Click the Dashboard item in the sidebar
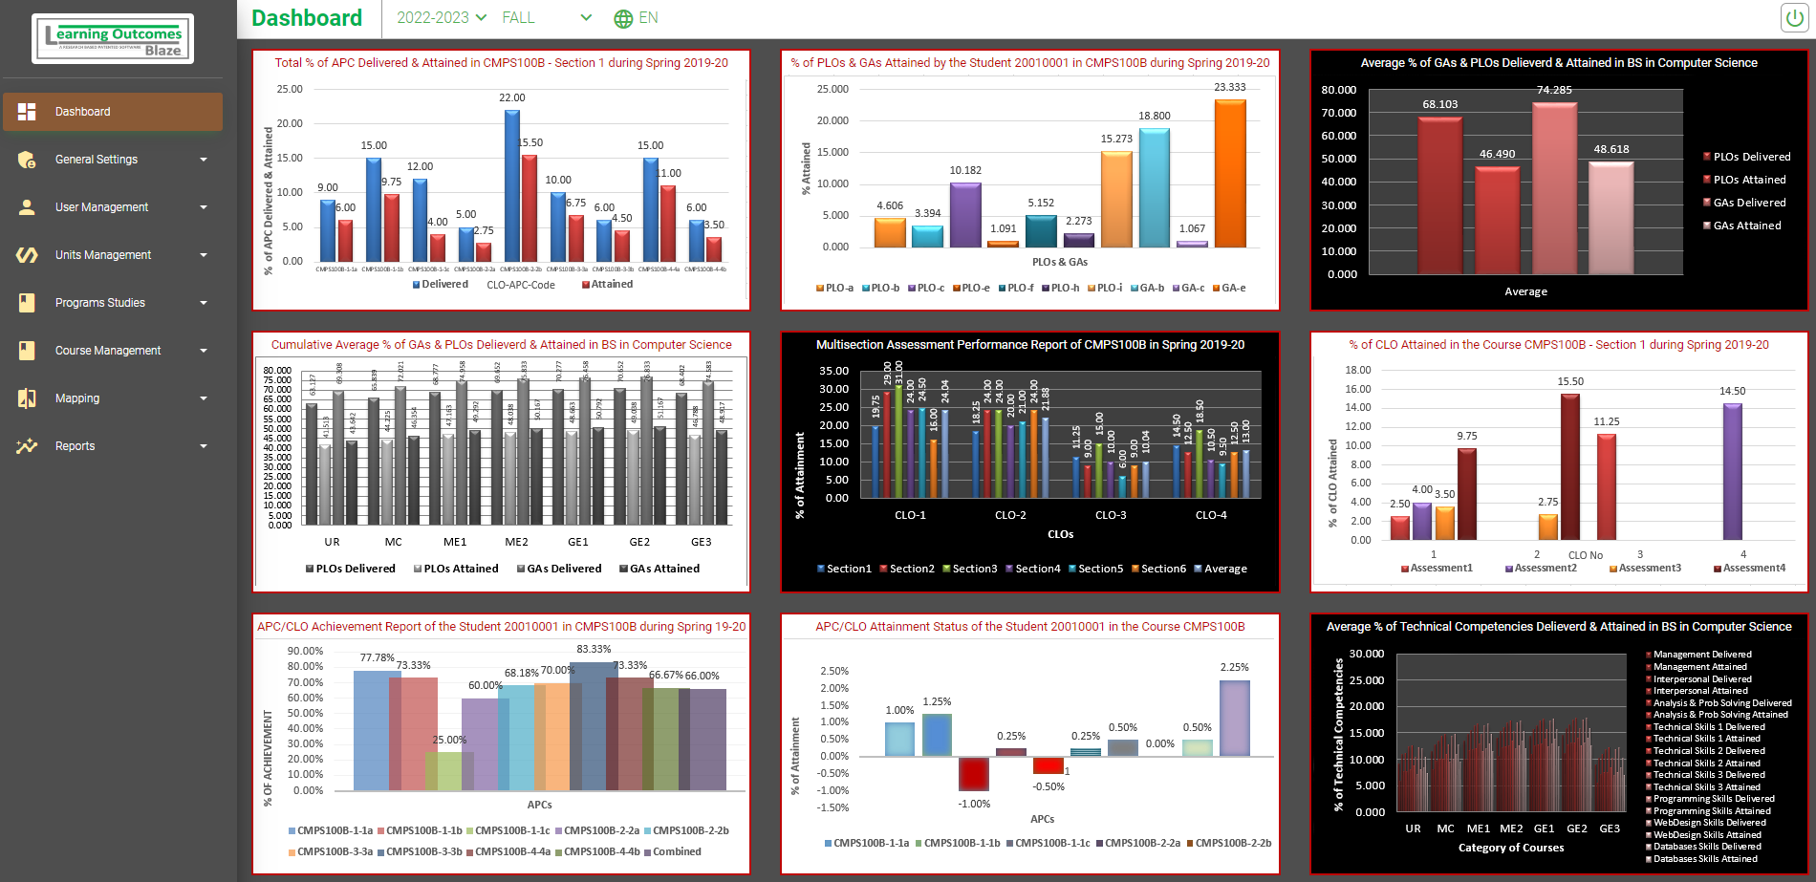pyautogui.click(x=112, y=112)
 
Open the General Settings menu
pyautogui.click(x=112, y=160)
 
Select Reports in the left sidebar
pyautogui.click(x=112, y=446)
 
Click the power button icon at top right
pyautogui.click(x=1794, y=18)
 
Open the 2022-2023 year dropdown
pyautogui.click(x=442, y=18)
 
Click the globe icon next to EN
pyautogui.click(x=623, y=18)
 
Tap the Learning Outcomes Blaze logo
pyautogui.click(x=113, y=39)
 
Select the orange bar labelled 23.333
pyautogui.click(x=1230, y=172)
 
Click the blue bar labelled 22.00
pyautogui.click(x=512, y=185)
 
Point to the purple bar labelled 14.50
pyautogui.click(x=1732, y=471)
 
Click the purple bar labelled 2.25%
pyautogui.click(x=1234, y=718)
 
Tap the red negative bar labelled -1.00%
pyautogui.click(x=974, y=773)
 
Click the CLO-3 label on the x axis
pyautogui.click(x=1111, y=515)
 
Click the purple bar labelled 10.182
pyautogui.click(x=965, y=214)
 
